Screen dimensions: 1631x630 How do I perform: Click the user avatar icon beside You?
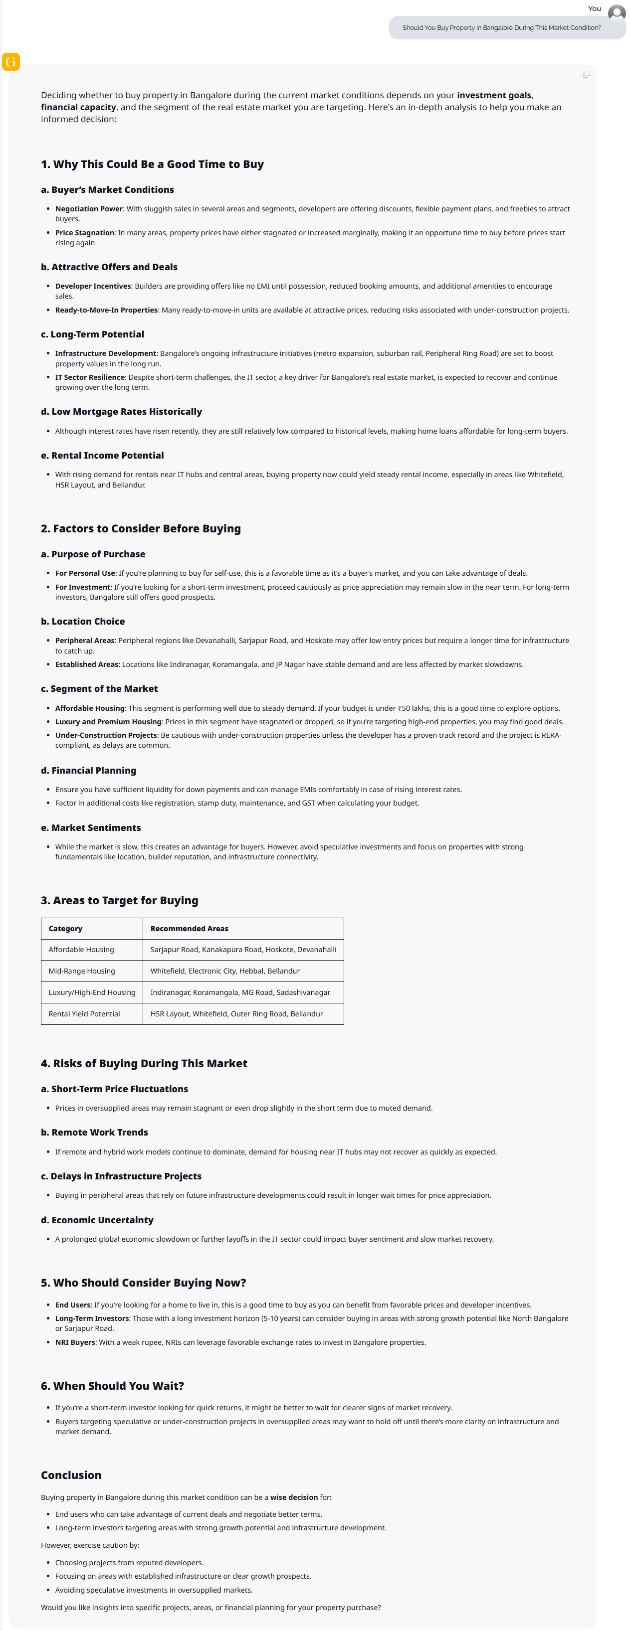tap(616, 12)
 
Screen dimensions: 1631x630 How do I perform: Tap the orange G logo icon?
tap(11, 61)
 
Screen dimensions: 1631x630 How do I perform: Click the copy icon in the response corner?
tap(586, 75)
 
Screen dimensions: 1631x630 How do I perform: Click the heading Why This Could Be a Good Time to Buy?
tap(152, 164)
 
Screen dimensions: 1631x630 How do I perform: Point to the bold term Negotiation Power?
tap(89, 209)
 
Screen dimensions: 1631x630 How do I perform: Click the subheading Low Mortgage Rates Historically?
tap(121, 412)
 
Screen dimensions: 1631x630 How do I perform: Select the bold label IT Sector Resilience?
tap(90, 377)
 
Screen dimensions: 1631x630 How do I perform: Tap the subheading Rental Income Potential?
tap(102, 455)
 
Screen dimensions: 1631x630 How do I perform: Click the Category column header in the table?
tap(65, 928)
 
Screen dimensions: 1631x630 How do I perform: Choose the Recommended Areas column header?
tap(189, 928)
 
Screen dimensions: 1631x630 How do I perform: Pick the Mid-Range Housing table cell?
tap(82, 971)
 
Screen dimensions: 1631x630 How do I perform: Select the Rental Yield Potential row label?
tap(84, 1014)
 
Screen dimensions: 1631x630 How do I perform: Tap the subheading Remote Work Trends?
tap(99, 1132)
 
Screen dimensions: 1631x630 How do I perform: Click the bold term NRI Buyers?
tap(75, 1342)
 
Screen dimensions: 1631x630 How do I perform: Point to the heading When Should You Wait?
tap(112, 1386)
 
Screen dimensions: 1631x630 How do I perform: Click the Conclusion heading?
tap(71, 1475)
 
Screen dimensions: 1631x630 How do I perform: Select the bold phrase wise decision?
tap(294, 1497)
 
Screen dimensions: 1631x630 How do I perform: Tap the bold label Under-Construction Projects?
tap(106, 735)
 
